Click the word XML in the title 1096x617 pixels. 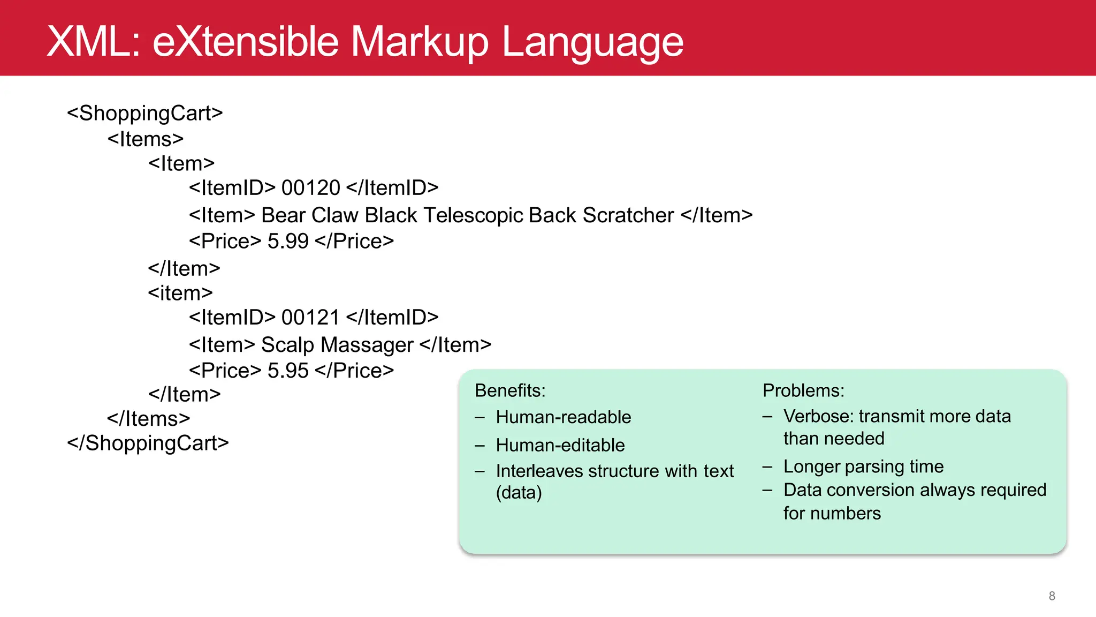tap(93, 42)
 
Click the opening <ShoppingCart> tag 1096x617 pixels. tap(144, 113)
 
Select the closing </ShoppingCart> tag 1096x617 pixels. tap(148, 443)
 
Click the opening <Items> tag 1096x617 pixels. tap(145, 139)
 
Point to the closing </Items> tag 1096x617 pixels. tap(148, 418)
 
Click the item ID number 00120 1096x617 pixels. tap(310, 188)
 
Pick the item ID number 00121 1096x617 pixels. tap(310, 318)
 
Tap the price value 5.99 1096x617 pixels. tap(288, 242)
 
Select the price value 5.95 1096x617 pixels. tap(288, 371)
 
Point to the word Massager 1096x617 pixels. tap(367, 345)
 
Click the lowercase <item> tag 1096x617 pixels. tap(180, 293)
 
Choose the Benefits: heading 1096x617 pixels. tap(509, 390)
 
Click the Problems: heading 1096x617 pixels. tap(803, 390)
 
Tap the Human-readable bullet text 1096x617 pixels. tap(563, 417)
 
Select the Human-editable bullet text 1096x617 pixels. tap(560, 445)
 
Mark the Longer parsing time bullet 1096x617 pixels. tap(863, 466)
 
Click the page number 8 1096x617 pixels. tap(1052, 596)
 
